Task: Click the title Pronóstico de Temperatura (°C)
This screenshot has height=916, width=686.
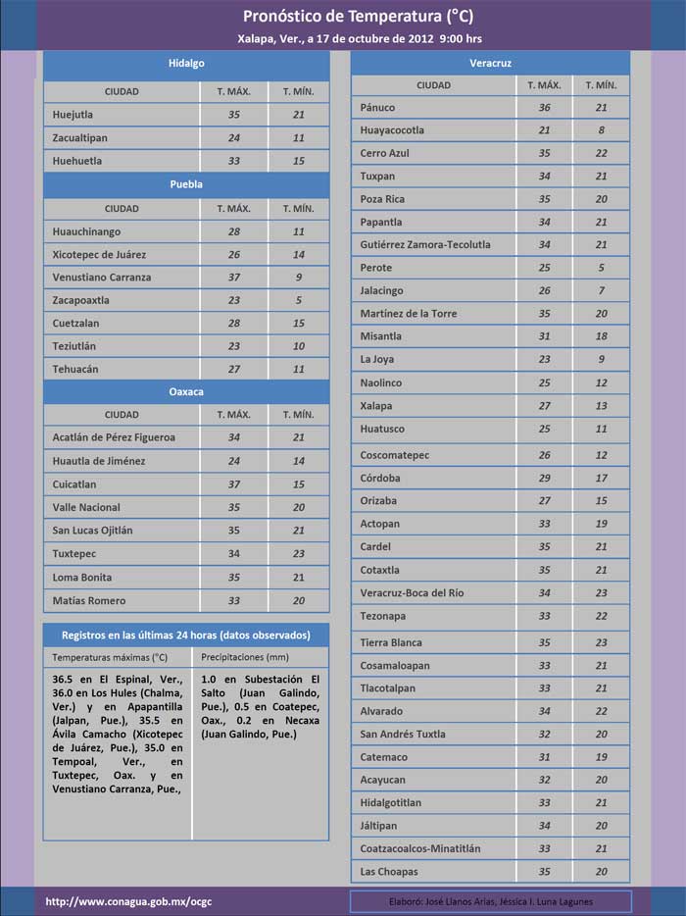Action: pos(343,17)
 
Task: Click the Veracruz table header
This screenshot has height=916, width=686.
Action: pos(490,64)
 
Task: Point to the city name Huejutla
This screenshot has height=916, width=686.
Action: pos(76,115)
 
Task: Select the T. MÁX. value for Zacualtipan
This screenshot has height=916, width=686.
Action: pos(233,138)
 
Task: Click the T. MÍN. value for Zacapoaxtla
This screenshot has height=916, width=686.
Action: pos(298,300)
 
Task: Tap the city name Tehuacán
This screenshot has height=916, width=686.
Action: pos(76,369)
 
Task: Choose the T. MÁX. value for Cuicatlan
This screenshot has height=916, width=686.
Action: pos(233,484)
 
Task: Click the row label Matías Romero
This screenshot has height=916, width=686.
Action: pos(88,600)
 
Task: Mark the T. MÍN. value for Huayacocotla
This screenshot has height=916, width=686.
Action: pos(601,129)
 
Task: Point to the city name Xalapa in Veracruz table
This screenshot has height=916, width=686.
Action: pos(376,406)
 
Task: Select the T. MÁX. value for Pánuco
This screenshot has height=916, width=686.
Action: pos(544,107)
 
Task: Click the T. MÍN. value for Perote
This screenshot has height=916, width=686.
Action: pos(601,268)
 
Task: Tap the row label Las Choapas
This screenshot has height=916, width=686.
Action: pos(389,872)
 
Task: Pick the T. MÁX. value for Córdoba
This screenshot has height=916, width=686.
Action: pos(544,478)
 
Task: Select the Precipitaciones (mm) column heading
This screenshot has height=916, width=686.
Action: pos(244,657)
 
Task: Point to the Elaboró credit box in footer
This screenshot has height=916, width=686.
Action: pos(490,901)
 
